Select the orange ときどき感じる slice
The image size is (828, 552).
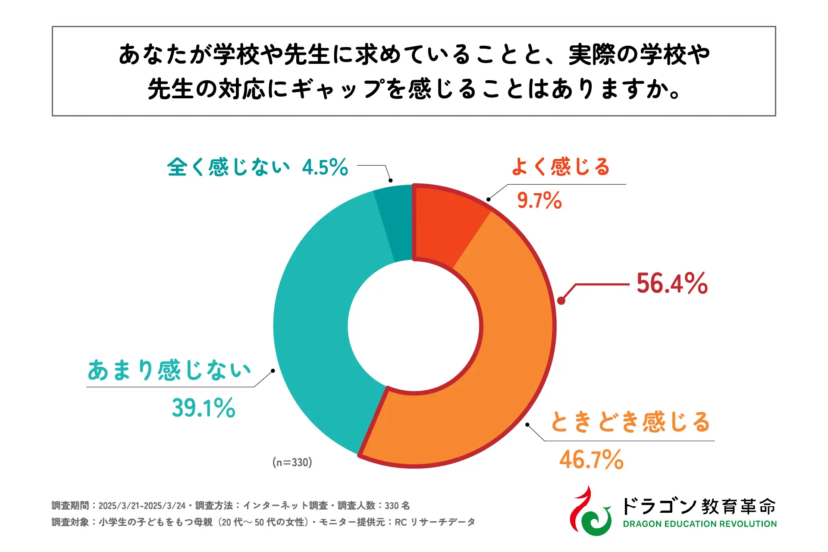[496, 367]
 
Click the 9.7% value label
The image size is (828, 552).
[539, 201]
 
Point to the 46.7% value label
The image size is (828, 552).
[591, 460]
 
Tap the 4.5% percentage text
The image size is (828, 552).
[325, 167]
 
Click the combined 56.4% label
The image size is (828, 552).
[672, 283]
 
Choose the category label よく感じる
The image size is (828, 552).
[561, 167]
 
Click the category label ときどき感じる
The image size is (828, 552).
[630, 422]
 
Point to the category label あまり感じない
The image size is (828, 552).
[169, 370]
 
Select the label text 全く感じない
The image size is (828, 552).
[229, 167]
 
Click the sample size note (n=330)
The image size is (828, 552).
[292, 462]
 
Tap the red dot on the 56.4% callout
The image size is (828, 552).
[561, 301]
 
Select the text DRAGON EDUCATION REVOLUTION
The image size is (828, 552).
[699, 524]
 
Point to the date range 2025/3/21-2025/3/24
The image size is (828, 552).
[142, 505]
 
